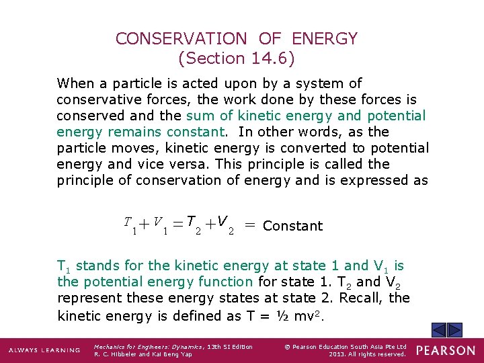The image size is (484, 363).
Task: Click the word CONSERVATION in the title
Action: coord(182,39)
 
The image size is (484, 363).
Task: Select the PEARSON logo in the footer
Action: coord(445,350)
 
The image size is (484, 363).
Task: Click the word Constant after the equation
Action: coord(293,227)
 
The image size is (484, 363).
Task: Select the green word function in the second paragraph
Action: coord(227,282)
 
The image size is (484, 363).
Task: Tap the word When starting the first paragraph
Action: coord(75,83)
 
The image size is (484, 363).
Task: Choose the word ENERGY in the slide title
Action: coord(326,39)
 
